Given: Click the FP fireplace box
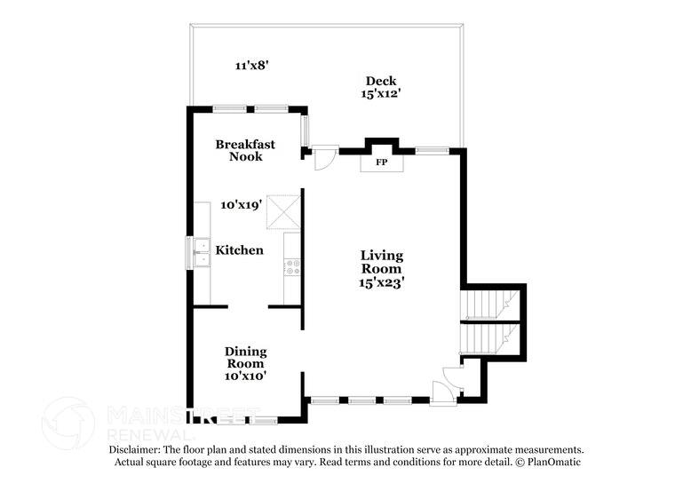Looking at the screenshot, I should pos(381,162).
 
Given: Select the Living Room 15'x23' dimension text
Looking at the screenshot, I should pos(382,282).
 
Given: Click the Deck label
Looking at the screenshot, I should pos(380,81).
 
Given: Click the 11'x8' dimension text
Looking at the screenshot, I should pos(251,65).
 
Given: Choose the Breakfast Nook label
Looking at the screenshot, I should pos(245,150).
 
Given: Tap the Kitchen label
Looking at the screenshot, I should pos(241,250).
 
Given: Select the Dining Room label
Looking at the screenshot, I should pos(245,357).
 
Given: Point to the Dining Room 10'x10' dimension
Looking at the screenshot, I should pos(245,376).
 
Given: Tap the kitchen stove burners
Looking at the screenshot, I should pos(292,263).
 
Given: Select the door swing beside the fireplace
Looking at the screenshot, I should pos(324,157).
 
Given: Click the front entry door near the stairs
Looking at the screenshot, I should pos(443,389).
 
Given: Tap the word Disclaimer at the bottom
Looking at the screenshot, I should pos(139,450).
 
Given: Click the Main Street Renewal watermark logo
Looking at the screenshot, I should pos(69,421).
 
